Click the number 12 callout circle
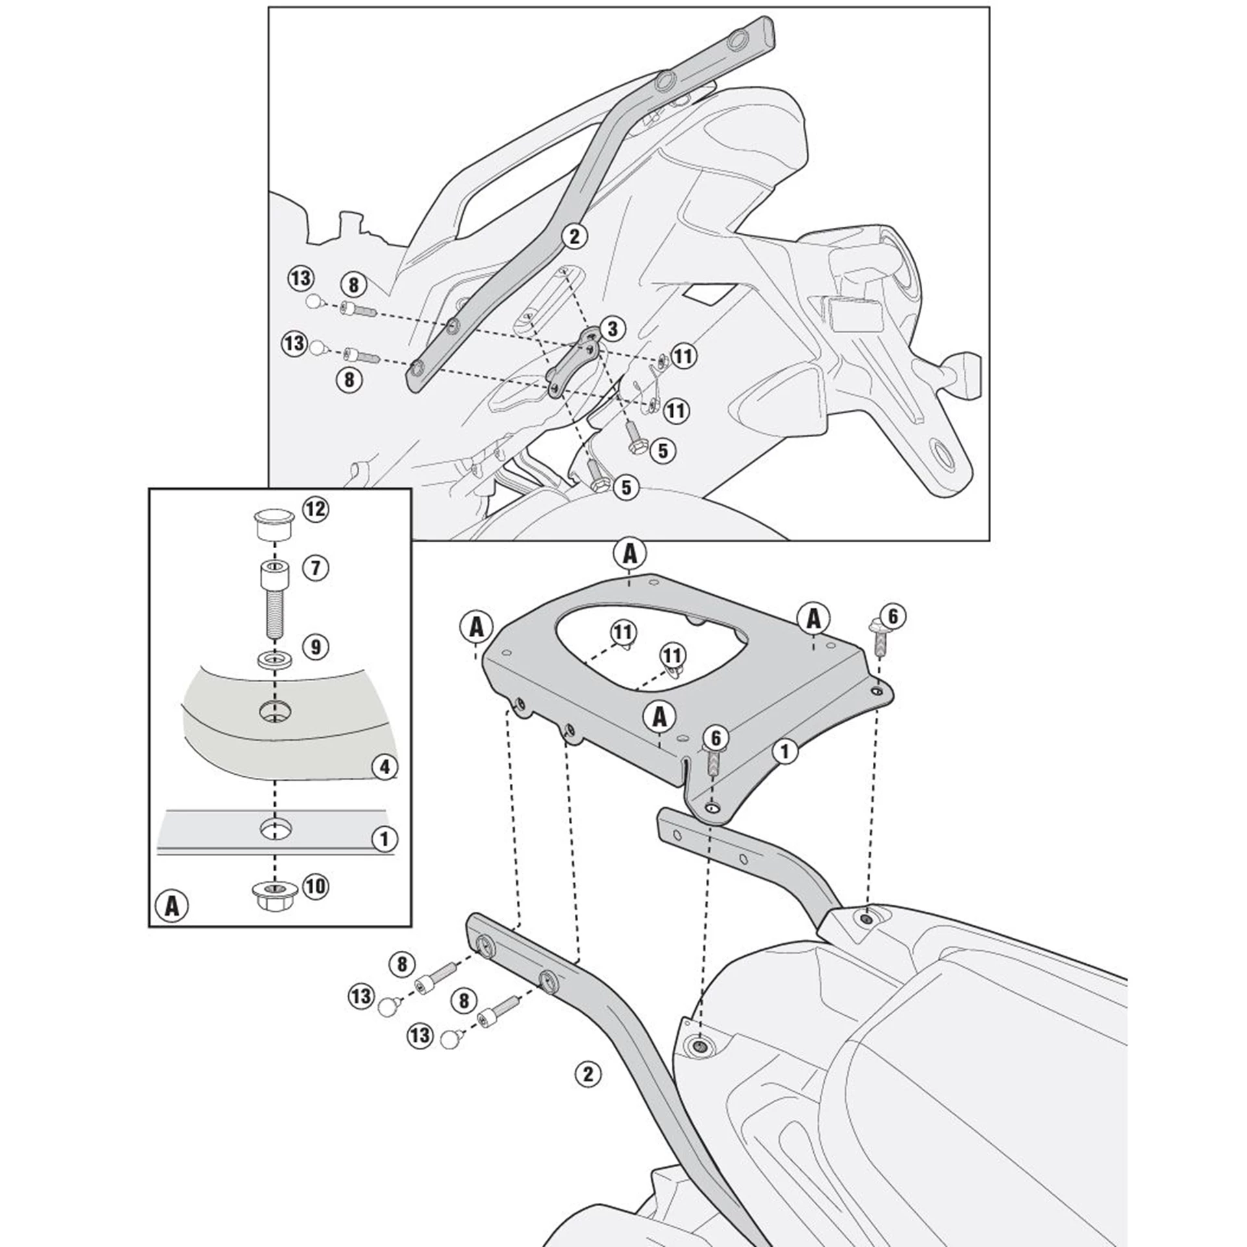pos(314,509)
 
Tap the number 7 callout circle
pos(315,568)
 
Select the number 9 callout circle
pos(315,647)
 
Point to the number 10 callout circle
pos(315,886)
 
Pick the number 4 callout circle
pos(384,767)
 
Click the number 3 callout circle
pos(612,329)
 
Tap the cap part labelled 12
pos(273,527)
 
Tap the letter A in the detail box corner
pos(171,905)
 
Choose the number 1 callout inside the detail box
pos(384,840)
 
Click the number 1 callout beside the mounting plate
pos(785,751)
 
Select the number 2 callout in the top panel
pos(574,236)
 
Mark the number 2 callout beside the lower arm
pos(588,1074)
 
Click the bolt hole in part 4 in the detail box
pos(275,711)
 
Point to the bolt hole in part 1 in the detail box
pos(275,828)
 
